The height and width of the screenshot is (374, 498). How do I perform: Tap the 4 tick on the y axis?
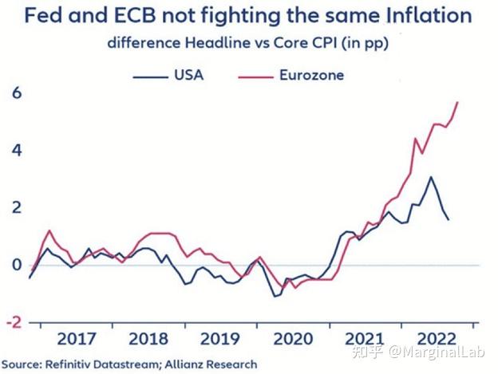[x=14, y=150]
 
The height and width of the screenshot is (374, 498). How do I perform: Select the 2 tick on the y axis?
[x=14, y=207]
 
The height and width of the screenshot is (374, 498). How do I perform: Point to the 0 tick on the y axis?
[x=14, y=265]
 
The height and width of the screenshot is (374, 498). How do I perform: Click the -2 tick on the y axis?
[x=11, y=321]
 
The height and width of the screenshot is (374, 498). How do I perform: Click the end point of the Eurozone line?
[x=458, y=102]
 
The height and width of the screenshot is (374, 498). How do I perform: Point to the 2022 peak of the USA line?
[x=431, y=177]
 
